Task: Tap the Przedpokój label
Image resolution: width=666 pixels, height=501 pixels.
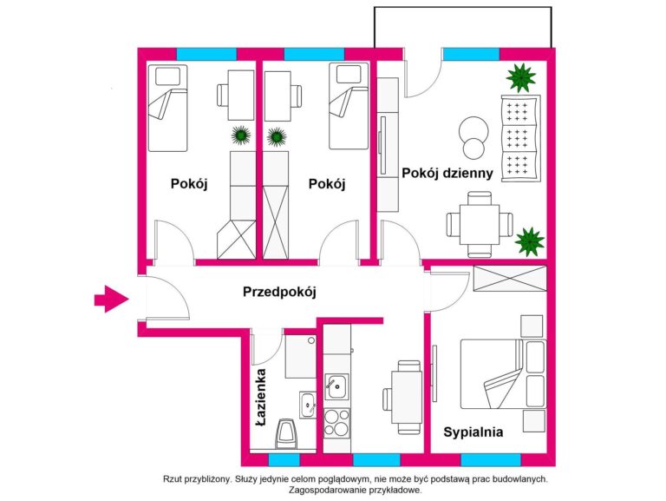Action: (x=278, y=293)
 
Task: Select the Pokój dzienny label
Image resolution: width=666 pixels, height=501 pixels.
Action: (x=447, y=173)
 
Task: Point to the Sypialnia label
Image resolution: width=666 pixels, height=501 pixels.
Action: (x=473, y=431)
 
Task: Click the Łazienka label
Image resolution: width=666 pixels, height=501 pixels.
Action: (x=261, y=398)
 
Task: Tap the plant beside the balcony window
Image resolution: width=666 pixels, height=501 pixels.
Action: (x=520, y=78)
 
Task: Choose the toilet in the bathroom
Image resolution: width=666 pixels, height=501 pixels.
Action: (x=285, y=432)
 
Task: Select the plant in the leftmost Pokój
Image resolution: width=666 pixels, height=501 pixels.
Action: (x=240, y=135)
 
